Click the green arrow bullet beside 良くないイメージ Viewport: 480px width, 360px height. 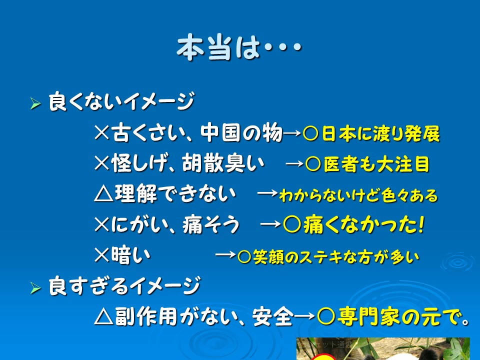click(x=35, y=104)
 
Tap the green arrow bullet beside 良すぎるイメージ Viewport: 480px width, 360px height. click(x=35, y=288)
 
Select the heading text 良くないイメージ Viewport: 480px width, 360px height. click(x=121, y=101)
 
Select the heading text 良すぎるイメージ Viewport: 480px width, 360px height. click(x=124, y=285)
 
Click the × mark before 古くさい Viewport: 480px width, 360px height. click(x=102, y=133)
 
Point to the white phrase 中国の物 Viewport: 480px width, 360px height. click(x=241, y=133)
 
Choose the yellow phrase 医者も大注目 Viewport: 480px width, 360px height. click(x=377, y=164)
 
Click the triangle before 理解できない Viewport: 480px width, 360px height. click(x=103, y=194)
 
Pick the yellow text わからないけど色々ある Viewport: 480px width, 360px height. click(x=358, y=195)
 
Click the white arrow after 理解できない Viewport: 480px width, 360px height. click(x=267, y=193)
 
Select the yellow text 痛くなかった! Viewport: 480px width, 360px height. click(x=364, y=224)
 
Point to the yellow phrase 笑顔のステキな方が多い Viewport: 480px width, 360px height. click(x=336, y=257)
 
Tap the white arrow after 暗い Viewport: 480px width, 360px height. click(x=225, y=254)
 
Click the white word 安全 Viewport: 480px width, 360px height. click(x=273, y=316)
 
